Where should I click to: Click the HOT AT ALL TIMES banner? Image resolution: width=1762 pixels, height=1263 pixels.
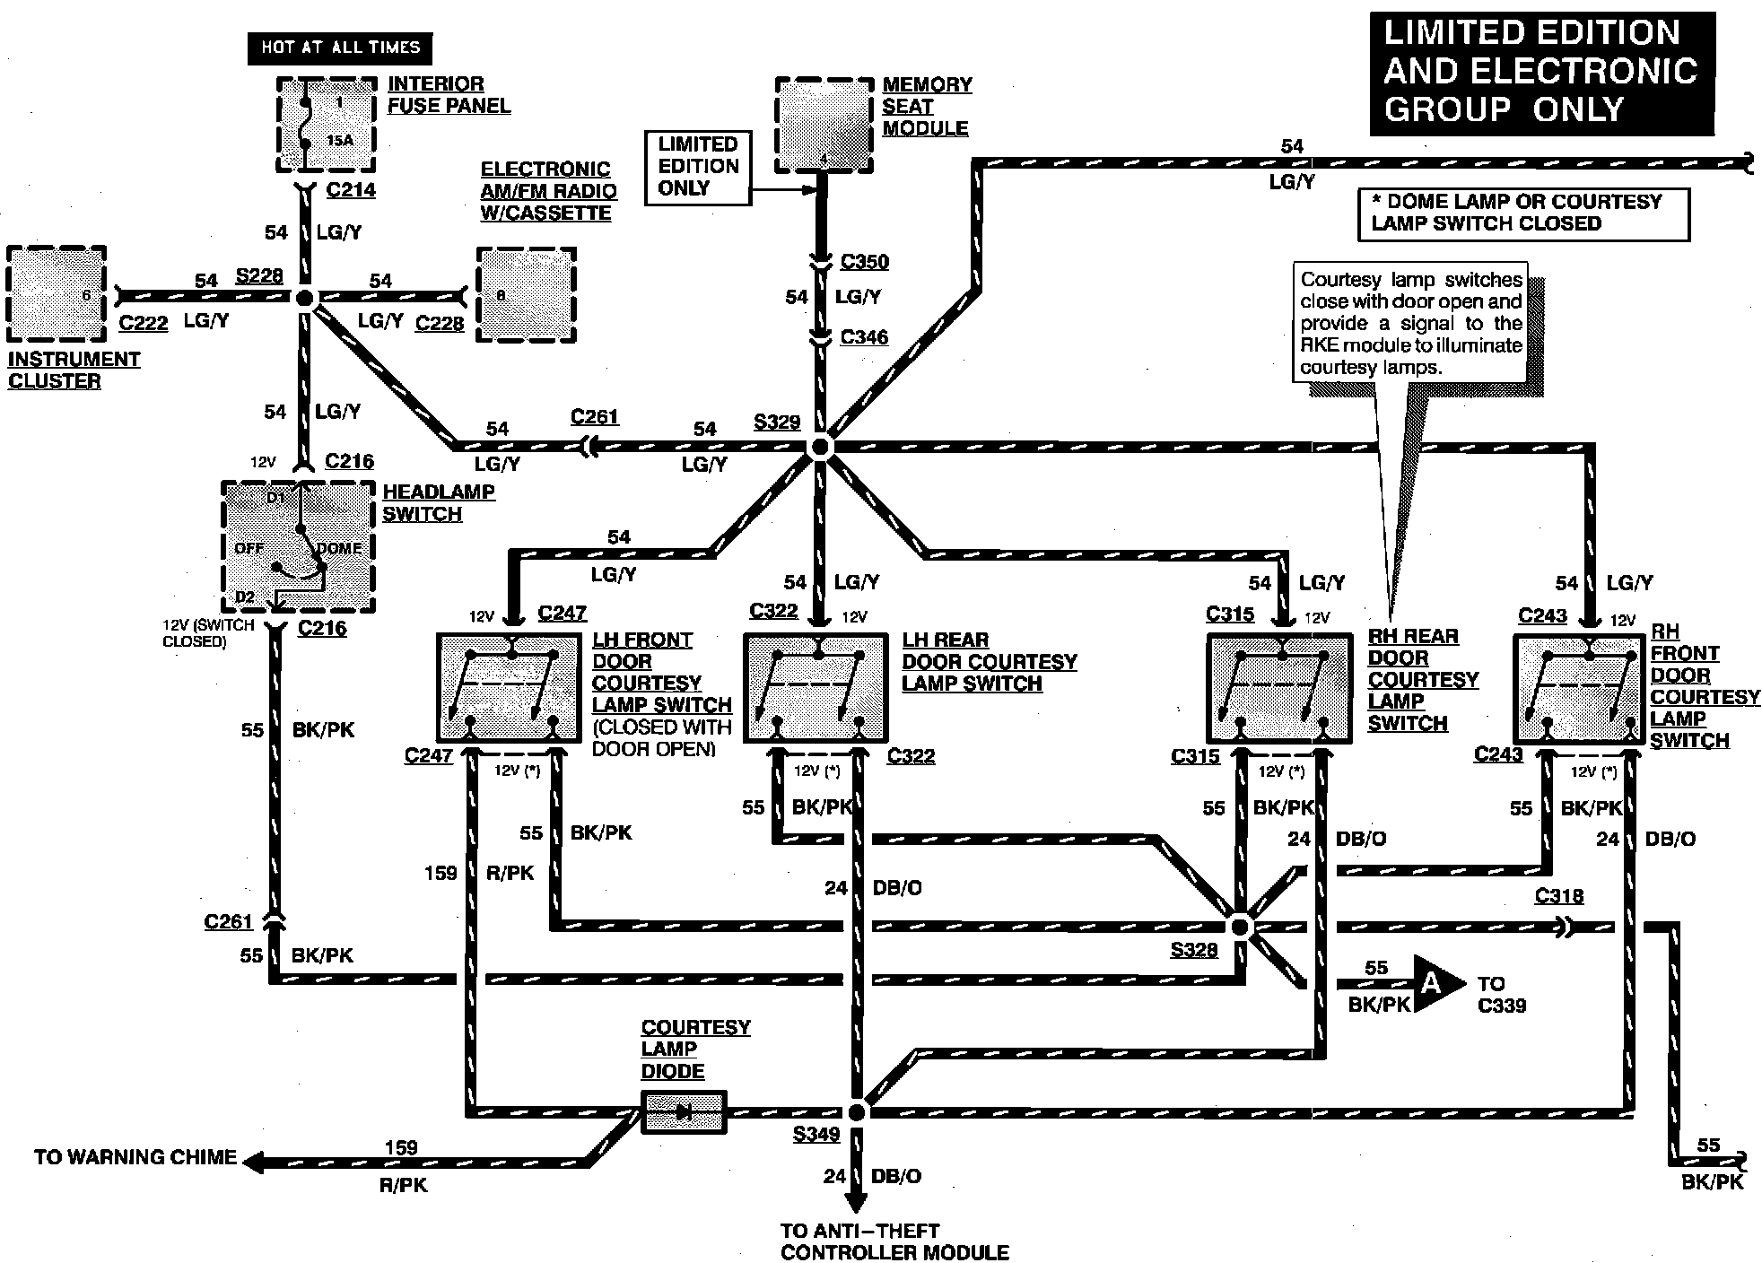click(339, 48)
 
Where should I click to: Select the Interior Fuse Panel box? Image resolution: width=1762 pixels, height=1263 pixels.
click(326, 124)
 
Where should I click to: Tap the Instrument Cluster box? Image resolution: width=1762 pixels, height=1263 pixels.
click(56, 294)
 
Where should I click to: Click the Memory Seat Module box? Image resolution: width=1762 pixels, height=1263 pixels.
click(824, 124)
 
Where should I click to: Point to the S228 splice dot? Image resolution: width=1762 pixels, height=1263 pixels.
click(305, 297)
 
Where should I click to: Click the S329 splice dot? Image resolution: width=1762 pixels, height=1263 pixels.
click(820, 447)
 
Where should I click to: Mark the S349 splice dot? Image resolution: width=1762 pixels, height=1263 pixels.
click(857, 1112)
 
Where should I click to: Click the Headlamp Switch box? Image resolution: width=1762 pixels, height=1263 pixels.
click(298, 546)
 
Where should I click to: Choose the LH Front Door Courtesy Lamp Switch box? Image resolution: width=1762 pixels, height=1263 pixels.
click(509, 688)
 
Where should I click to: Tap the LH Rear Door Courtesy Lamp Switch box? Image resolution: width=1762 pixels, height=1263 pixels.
click(816, 688)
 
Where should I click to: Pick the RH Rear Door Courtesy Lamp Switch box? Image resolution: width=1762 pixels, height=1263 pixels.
click(1278, 688)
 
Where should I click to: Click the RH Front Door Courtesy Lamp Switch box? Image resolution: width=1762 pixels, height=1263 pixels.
click(1579, 688)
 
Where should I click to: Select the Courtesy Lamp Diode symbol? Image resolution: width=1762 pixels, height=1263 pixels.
click(684, 1112)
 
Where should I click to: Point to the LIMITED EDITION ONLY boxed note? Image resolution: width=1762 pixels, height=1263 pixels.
click(698, 167)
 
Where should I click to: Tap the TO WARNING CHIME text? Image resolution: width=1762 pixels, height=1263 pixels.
click(135, 1157)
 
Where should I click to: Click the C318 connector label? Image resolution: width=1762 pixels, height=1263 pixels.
click(1558, 896)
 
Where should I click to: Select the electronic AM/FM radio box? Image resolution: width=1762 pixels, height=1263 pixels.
click(526, 295)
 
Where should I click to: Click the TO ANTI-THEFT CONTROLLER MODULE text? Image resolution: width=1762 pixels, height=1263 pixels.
click(894, 1241)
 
